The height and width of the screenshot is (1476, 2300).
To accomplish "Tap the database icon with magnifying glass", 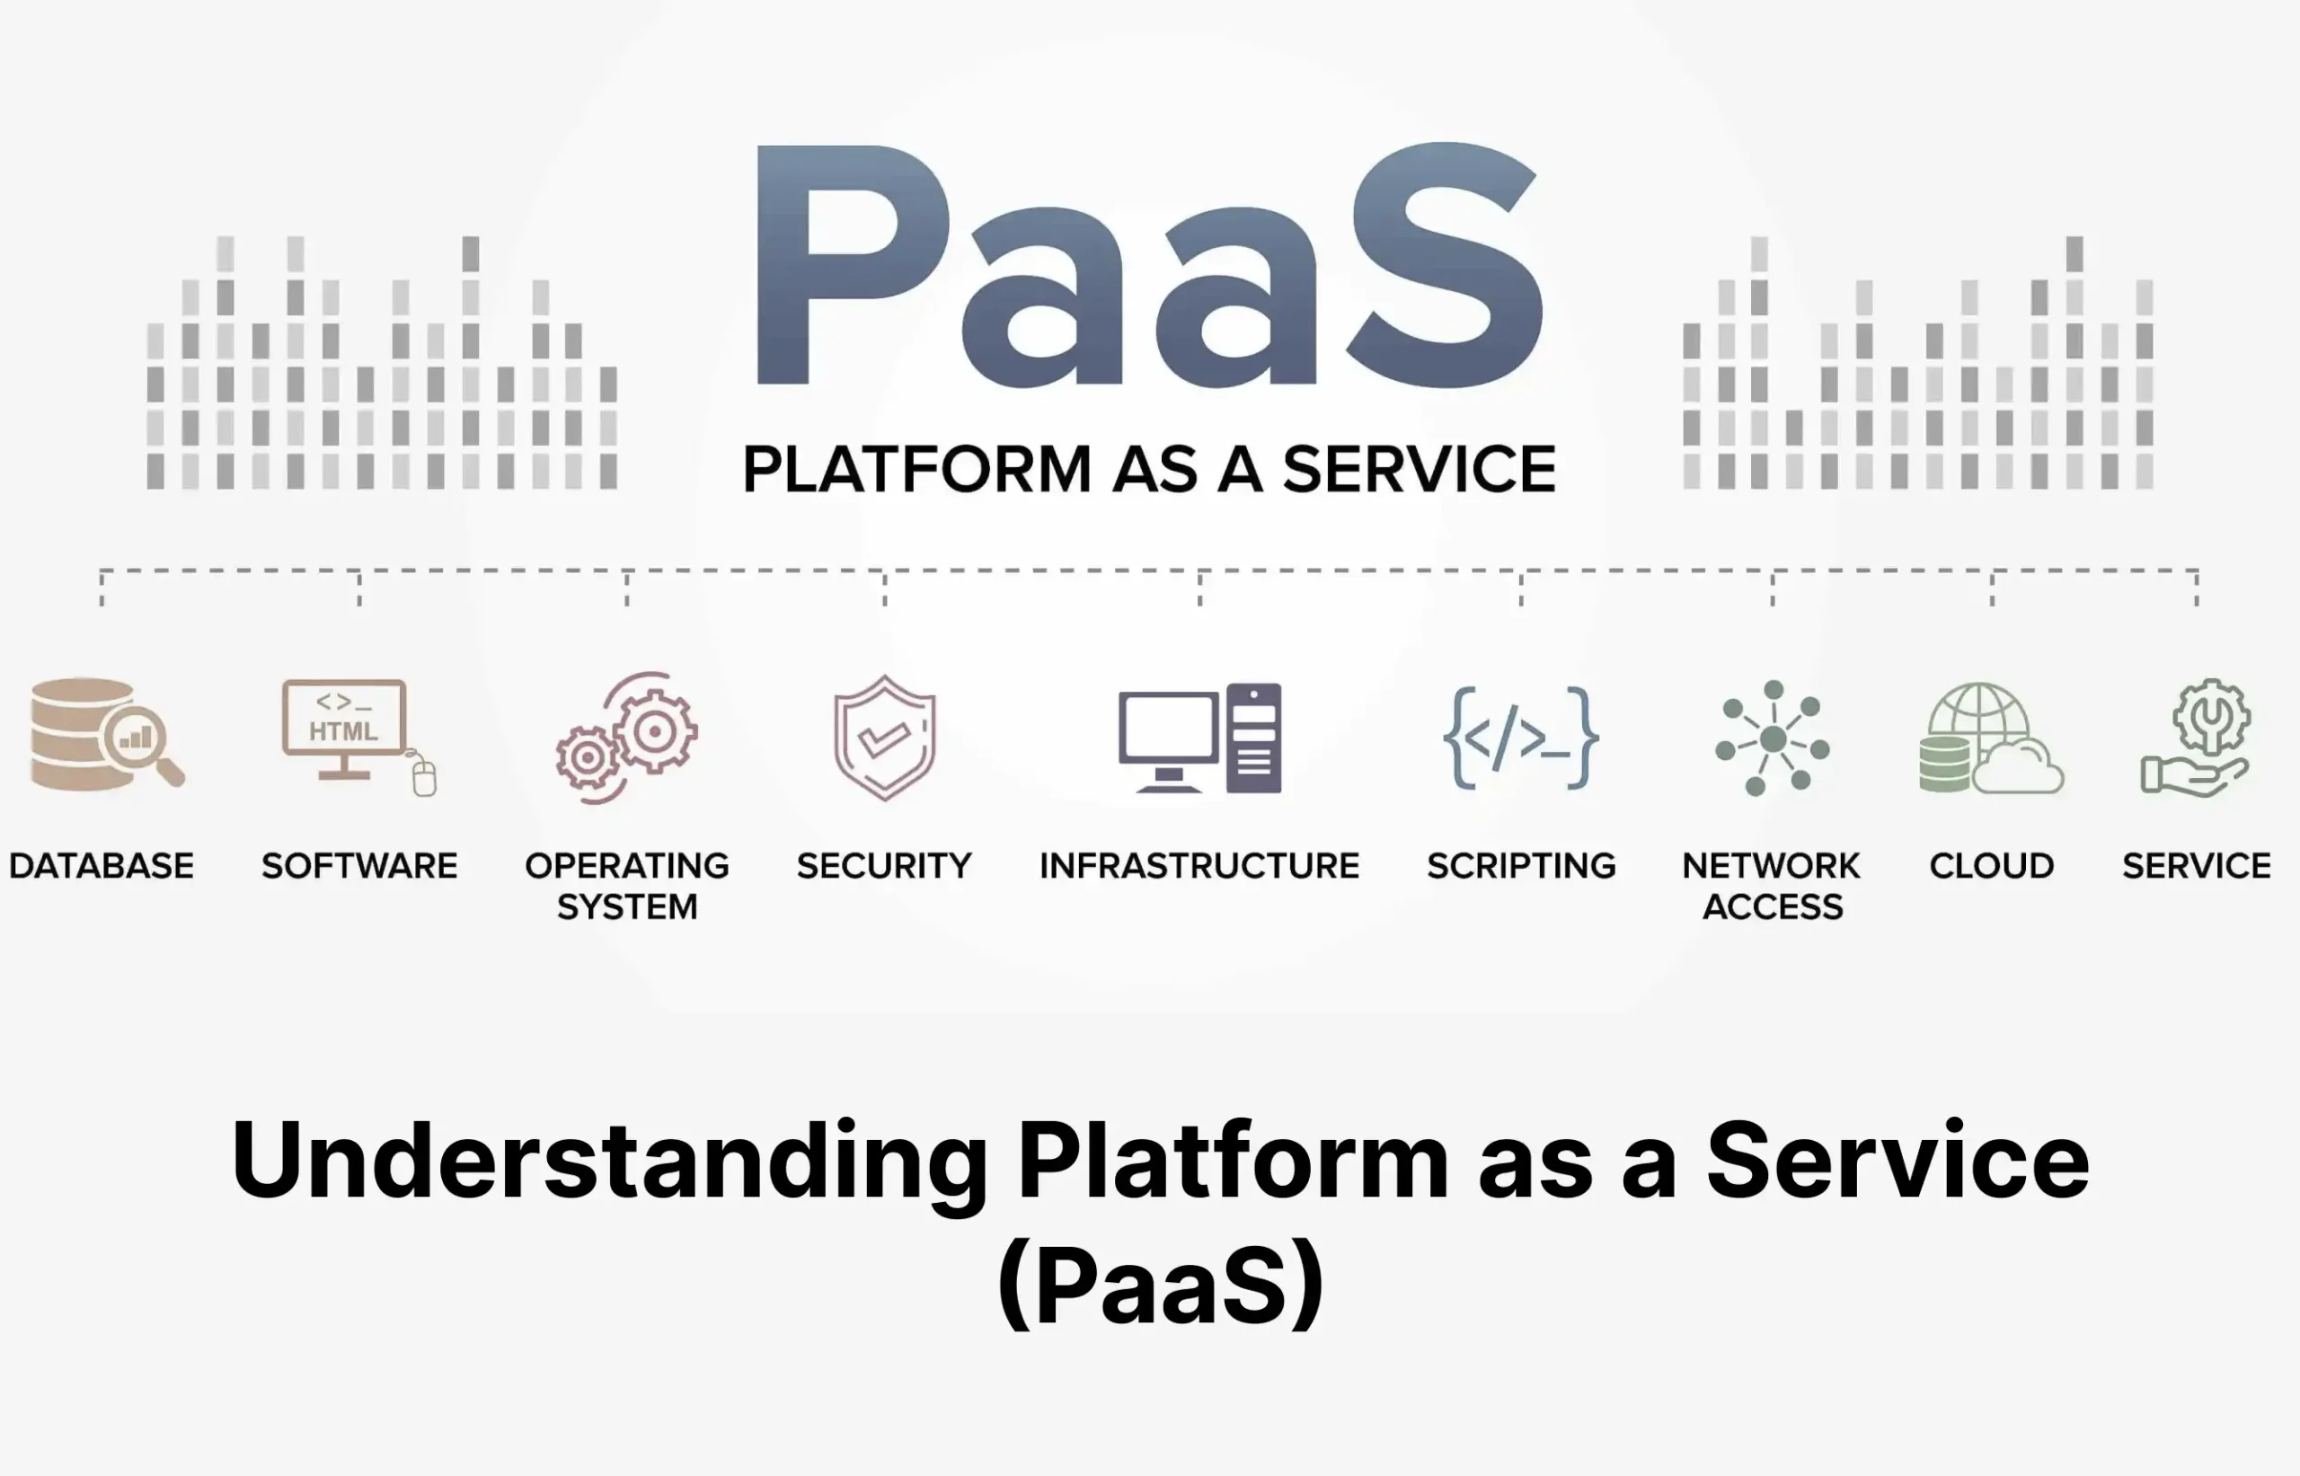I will [105, 736].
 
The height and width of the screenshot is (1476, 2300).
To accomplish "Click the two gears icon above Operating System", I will [628, 738].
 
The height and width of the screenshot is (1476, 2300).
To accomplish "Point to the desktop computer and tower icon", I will [1199, 738].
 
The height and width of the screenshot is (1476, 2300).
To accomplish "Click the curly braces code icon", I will [1521, 738].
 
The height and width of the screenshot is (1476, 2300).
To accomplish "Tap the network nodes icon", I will [1772, 738].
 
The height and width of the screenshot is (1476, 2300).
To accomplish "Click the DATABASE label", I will [102, 866].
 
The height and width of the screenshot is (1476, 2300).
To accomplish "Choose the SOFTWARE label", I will [359, 866].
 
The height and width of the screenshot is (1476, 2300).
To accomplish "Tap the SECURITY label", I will [883, 866].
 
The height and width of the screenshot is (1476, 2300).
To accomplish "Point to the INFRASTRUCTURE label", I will [1199, 866].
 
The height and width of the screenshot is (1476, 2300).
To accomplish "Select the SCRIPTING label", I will [1521, 866].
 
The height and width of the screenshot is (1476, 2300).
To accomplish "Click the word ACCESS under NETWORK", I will [1772, 906].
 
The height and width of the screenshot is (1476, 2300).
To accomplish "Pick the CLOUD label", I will [1992, 866].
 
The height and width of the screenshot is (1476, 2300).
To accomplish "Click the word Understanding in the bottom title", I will [609, 1162].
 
